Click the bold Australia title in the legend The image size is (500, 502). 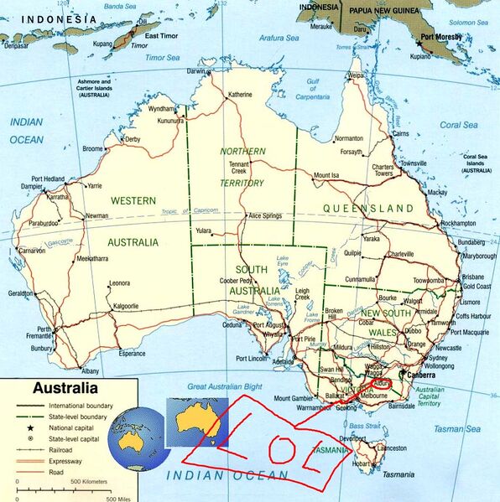pyautogui.click(x=65, y=389)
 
